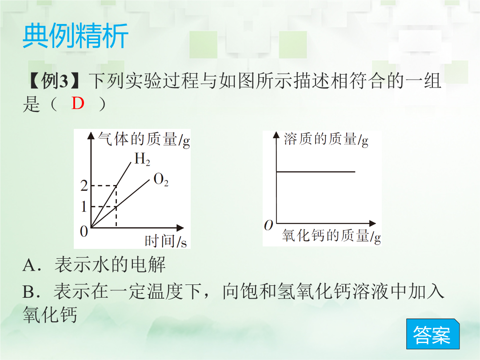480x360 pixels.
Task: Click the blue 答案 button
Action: tap(433, 334)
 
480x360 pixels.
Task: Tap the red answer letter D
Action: tap(78, 103)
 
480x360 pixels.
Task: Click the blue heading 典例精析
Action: tap(75, 36)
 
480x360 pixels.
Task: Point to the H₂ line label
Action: tap(142, 159)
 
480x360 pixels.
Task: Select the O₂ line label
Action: tap(161, 180)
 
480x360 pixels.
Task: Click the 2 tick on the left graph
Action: tap(84, 186)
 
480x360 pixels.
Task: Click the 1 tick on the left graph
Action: tap(84, 207)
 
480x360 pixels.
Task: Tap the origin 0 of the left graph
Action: tap(84, 232)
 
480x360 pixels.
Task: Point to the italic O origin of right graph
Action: tap(268, 225)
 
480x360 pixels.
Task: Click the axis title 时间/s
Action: tap(166, 241)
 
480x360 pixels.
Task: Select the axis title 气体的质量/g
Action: tap(144, 140)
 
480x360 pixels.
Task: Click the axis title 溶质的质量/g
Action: tap(326, 139)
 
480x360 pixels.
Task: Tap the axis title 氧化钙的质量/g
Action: tap(331, 236)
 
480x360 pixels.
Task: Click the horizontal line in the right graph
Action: tap(316, 172)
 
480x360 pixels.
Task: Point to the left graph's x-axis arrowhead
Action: tap(180, 228)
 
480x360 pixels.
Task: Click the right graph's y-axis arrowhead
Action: tap(276, 135)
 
